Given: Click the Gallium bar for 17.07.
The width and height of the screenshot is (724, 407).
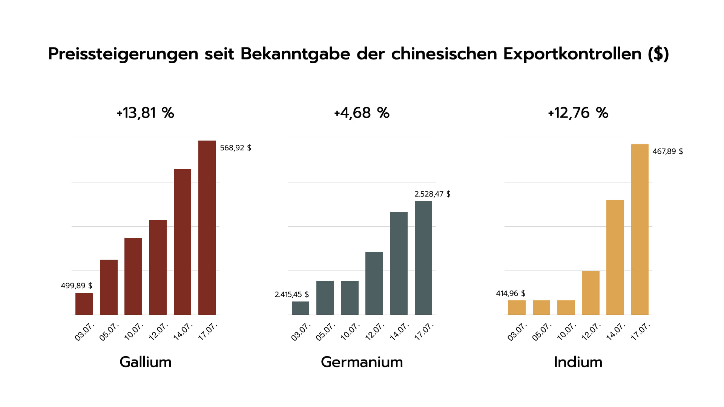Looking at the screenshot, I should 207,228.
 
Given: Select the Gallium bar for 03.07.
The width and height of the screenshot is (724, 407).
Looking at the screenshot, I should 84,304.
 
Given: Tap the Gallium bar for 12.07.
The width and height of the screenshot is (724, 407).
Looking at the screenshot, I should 158,267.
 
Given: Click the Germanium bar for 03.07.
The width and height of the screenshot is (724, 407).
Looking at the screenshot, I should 301,308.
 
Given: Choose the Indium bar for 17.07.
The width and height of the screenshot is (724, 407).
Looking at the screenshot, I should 640,230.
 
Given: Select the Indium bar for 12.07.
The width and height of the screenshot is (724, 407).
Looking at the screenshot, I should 591,292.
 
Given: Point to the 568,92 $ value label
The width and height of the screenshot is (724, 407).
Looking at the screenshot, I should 235,148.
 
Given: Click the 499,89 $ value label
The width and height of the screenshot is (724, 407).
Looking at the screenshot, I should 77,286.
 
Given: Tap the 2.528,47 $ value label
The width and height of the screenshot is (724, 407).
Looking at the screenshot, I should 432,194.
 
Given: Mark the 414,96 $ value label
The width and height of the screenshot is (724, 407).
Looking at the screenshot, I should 510,294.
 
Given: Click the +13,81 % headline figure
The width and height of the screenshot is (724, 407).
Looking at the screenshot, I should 145,113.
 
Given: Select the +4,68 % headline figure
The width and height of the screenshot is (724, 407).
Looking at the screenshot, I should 362,113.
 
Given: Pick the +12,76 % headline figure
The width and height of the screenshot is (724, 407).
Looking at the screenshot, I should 578,113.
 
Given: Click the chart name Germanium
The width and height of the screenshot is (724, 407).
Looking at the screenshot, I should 362,362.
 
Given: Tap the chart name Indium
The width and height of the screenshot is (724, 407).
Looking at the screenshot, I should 578,362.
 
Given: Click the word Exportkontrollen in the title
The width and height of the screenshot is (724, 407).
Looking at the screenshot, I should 572,54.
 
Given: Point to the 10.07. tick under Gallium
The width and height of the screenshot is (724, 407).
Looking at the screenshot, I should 134,332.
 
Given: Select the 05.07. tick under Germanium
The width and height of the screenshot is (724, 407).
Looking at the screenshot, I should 325,332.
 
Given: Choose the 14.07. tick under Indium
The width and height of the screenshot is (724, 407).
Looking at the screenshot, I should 616,332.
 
